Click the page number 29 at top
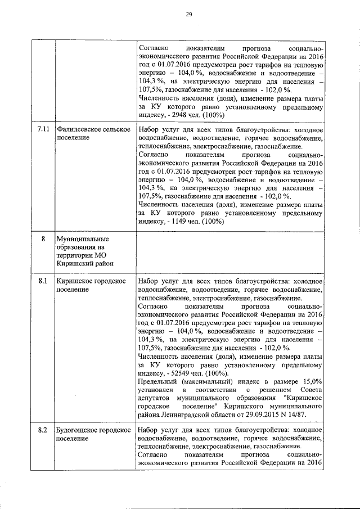coord(189,15)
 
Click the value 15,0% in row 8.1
coord(312,381)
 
